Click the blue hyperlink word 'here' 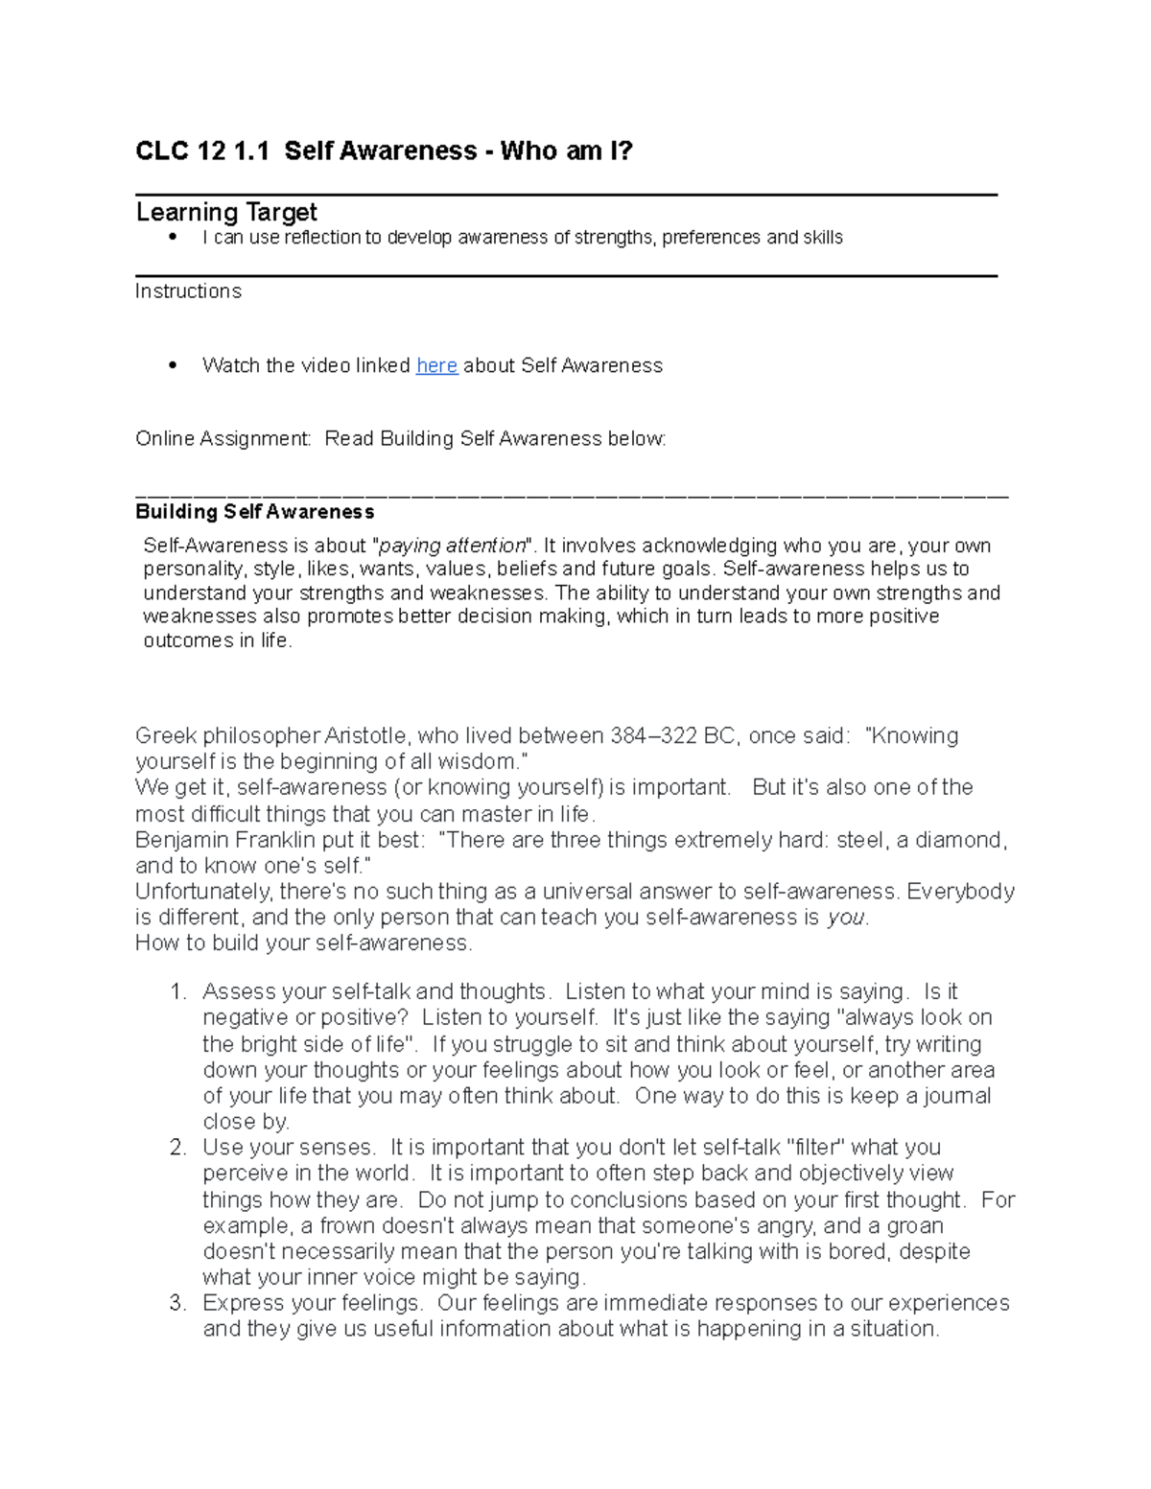coord(436,365)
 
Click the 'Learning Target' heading coord(226,212)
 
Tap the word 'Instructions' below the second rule coord(188,291)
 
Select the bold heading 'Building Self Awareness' coord(254,512)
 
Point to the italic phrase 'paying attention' coord(453,546)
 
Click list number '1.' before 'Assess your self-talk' coord(177,991)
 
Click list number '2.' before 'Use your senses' coord(177,1148)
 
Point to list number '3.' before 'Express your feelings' coord(177,1303)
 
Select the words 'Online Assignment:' coord(223,439)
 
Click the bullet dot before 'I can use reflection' coord(173,237)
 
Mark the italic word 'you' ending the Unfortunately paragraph coord(846,918)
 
